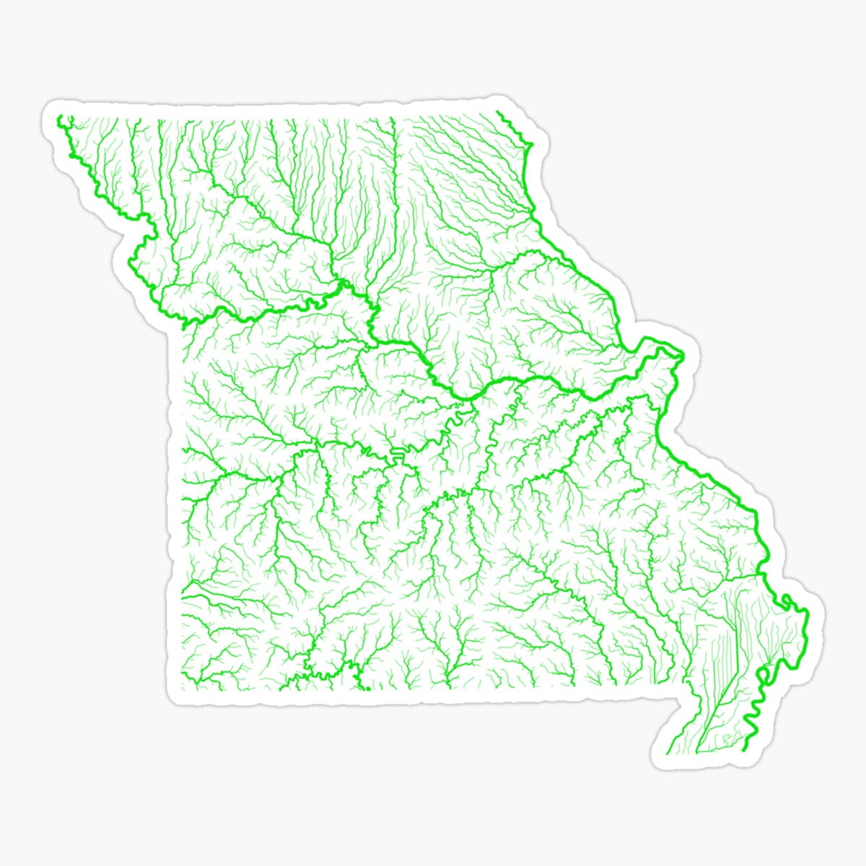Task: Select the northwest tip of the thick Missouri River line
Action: pos(61,117)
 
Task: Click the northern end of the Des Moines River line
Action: pos(499,113)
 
